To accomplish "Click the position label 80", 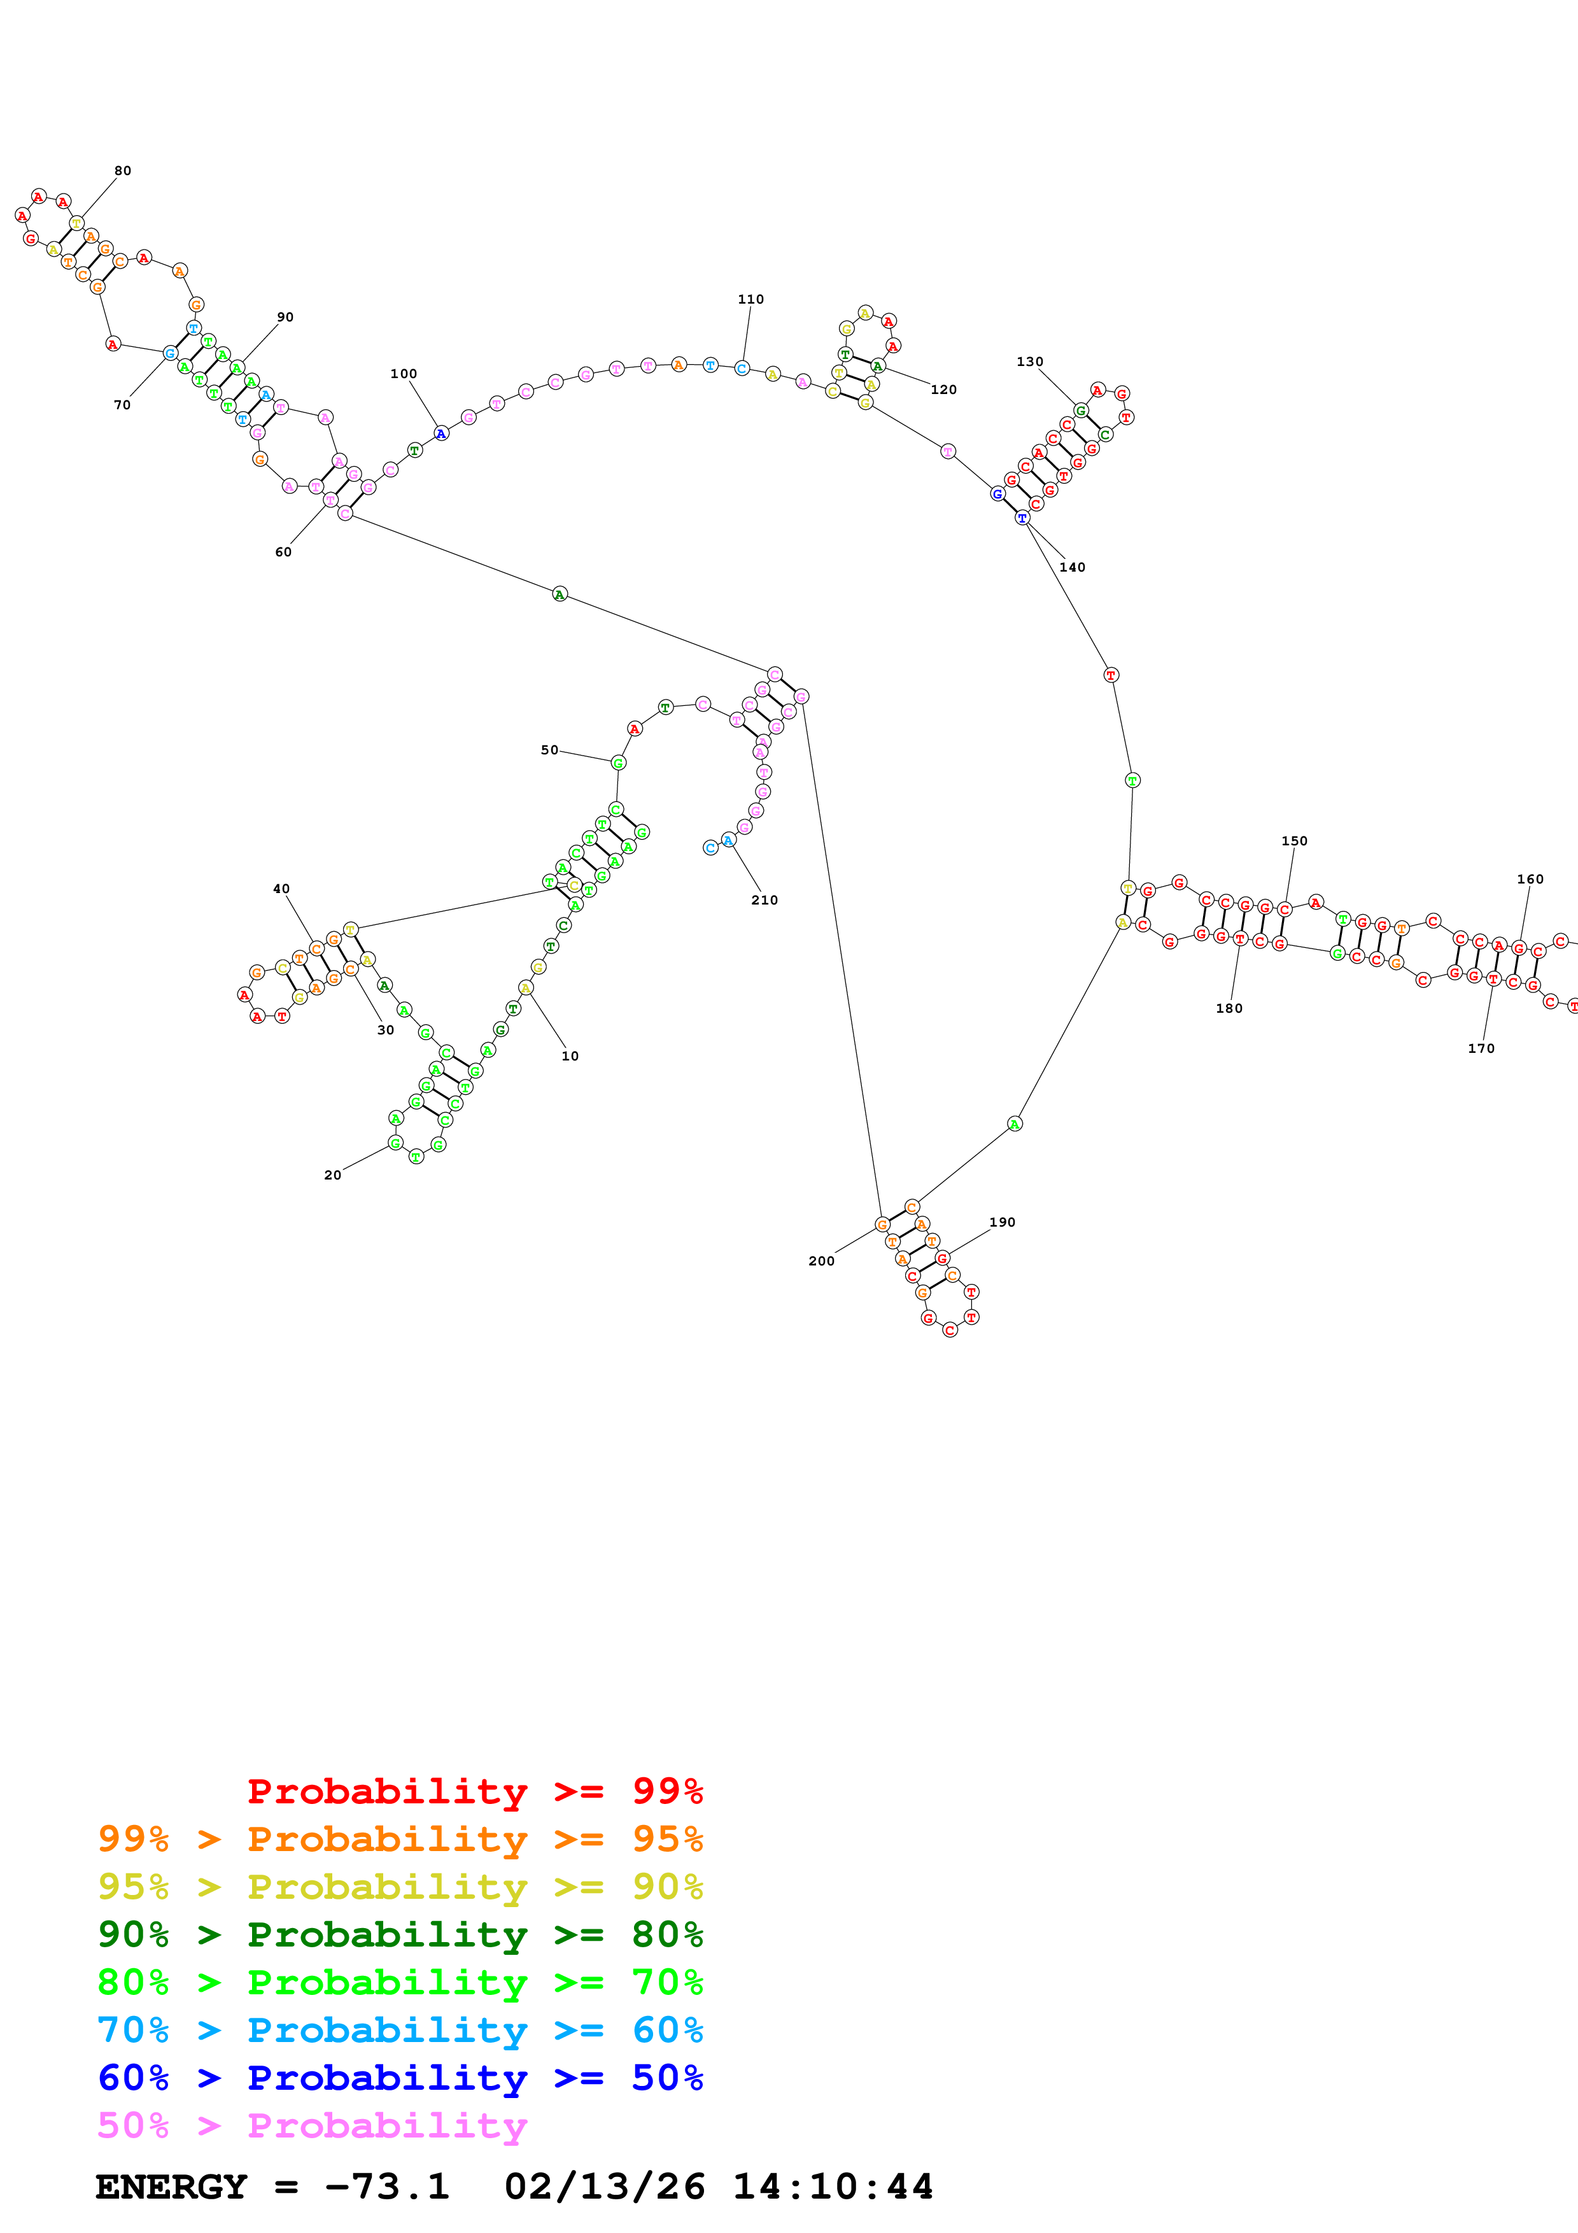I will [x=122, y=170].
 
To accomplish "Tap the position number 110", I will [x=750, y=299].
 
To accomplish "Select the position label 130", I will [x=1030, y=362].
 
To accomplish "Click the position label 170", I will [x=1481, y=1048].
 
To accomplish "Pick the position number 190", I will [x=1003, y=1223].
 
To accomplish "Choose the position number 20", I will [x=332, y=1175].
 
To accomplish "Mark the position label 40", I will [x=281, y=889].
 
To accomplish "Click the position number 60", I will [x=283, y=551].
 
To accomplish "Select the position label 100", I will [x=404, y=374].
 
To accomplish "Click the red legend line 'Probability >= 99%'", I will [x=474, y=1791].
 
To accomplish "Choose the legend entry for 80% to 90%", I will [x=400, y=1935].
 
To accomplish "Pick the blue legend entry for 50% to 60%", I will [x=400, y=2078].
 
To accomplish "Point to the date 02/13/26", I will [x=605, y=2187].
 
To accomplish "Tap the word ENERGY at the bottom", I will [x=171, y=2187].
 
